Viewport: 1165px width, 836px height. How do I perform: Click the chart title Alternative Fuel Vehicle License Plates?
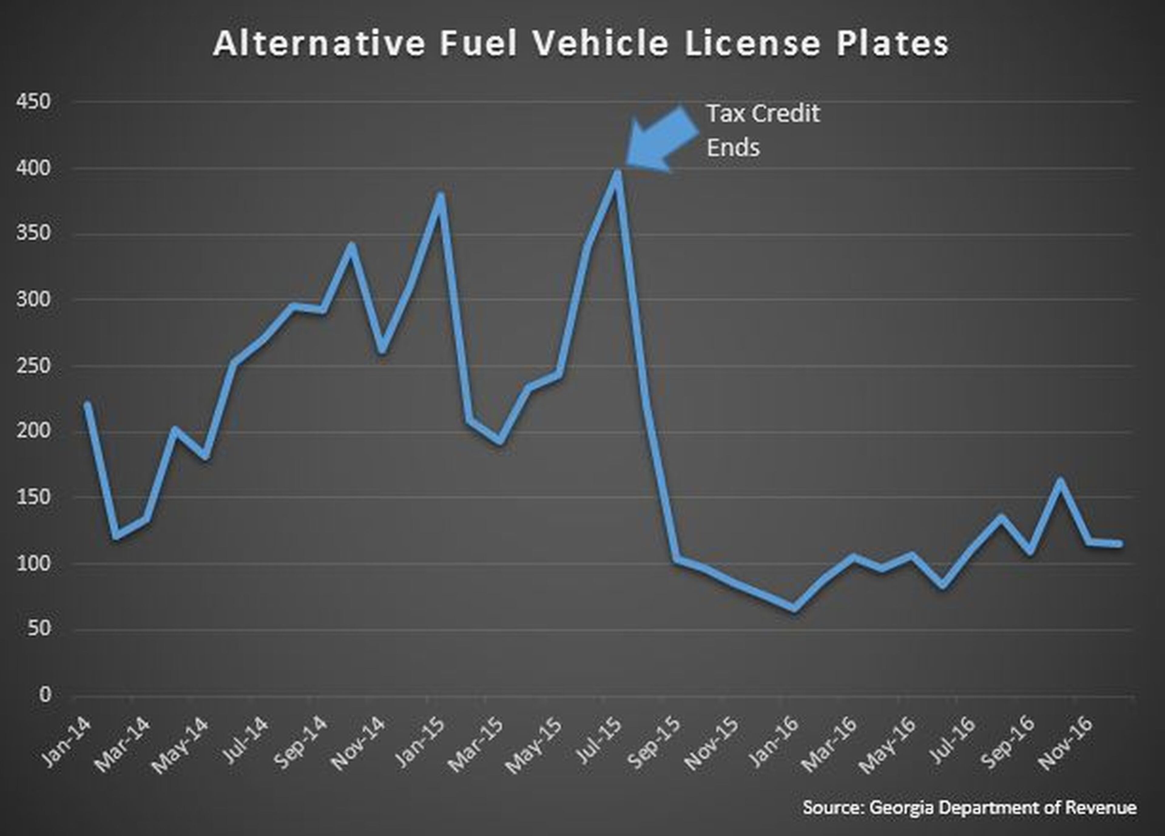580,44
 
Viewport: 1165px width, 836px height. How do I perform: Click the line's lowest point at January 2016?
794,608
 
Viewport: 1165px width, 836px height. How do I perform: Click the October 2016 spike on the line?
1059,481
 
